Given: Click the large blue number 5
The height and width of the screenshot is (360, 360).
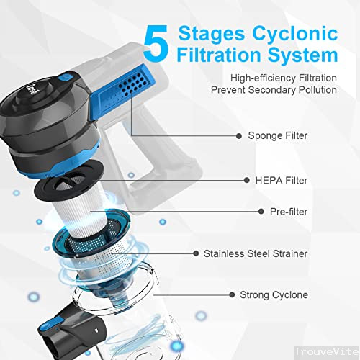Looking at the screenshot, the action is [156, 43].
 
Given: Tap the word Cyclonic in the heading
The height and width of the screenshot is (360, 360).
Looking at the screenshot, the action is [295, 34].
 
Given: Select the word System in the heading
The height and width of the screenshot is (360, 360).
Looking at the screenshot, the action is [302, 55].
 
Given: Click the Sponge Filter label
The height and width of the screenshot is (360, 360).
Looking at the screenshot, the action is [278, 135].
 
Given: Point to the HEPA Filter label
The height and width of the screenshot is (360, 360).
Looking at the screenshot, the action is [282, 181].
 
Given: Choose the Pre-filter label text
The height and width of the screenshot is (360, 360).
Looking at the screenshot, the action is [289, 212].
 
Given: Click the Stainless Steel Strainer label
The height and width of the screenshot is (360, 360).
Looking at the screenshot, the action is [256, 253].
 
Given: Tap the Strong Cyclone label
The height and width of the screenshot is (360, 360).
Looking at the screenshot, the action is [274, 295].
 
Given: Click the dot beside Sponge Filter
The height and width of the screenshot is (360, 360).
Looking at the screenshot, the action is [239, 136].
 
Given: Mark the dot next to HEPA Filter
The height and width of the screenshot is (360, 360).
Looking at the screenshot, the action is [246, 180].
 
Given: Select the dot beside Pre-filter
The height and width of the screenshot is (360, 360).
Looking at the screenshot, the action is [261, 212].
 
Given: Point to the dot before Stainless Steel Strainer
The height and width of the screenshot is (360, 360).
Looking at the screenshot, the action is [196, 253].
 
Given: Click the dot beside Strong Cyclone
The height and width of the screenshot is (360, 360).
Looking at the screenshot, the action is [232, 294].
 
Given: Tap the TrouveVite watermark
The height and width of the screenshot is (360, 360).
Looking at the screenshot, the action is [327, 352].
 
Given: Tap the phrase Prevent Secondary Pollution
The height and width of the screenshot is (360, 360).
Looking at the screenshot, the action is [274, 90].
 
